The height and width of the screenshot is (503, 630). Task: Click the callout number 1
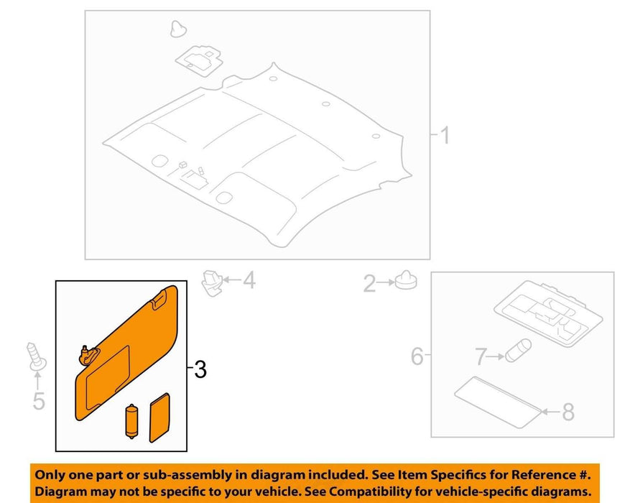click(445, 135)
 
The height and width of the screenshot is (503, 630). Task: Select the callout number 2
click(369, 283)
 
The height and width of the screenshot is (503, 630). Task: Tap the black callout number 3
click(200, 369)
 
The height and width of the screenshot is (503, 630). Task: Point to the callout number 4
click(249, 280)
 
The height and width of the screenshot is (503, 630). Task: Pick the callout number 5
click(39, 401)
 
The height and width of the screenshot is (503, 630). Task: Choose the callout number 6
click(417, 356)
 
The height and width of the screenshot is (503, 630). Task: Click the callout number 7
click(481, 356)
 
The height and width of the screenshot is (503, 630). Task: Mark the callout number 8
click(568, 412)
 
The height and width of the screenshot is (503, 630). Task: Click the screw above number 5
click(36, 356)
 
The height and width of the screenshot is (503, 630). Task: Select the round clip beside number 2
click(406, 280)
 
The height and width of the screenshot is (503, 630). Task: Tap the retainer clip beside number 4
click(212, 282)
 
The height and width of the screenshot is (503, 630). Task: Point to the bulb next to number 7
click(518, 351)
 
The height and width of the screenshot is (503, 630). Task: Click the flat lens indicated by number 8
click(497, 402)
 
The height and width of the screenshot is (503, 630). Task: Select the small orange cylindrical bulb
click(131, 421)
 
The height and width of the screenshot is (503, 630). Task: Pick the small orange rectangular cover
click(159, 417)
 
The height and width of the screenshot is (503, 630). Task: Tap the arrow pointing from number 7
click(496, 356)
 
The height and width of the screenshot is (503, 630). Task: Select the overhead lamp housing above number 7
click(548, 313)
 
